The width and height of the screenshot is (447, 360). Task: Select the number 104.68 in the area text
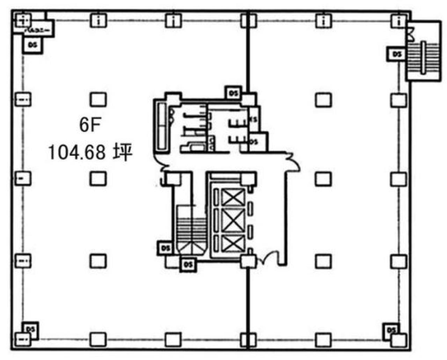[x=76, y=153]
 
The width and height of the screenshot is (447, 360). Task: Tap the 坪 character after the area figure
[x=122, y=153]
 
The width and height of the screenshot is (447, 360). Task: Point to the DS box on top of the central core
[x=233, y=93]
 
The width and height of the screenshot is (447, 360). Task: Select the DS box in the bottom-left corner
[x=31, y=329]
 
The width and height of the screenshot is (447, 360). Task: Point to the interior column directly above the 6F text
[x=98, y=100]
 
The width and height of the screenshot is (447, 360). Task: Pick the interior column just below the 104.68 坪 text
[x=98, y=178]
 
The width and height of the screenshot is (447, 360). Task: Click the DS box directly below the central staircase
[x=188, y=264]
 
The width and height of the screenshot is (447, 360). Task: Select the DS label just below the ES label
[x=254, y=142]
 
